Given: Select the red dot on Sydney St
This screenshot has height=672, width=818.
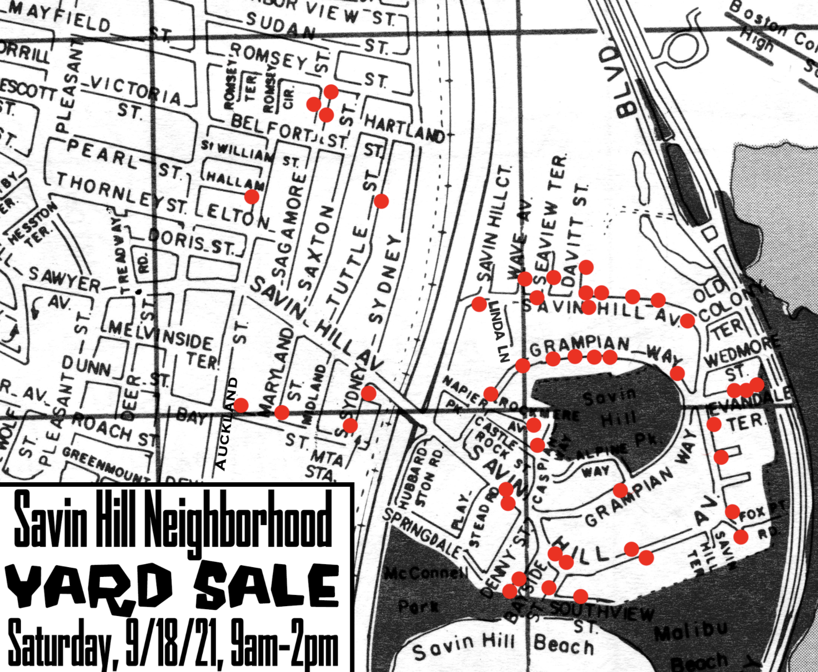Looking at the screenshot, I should tap(381, 201).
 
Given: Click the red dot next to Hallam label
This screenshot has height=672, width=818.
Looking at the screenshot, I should tap(252, 197).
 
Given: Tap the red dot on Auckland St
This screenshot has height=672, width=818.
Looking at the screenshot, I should tap(241, 405).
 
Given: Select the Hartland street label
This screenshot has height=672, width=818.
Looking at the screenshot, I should tap(405, 128).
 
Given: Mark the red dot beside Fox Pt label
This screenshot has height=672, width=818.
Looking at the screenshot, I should tap(732, 512).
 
